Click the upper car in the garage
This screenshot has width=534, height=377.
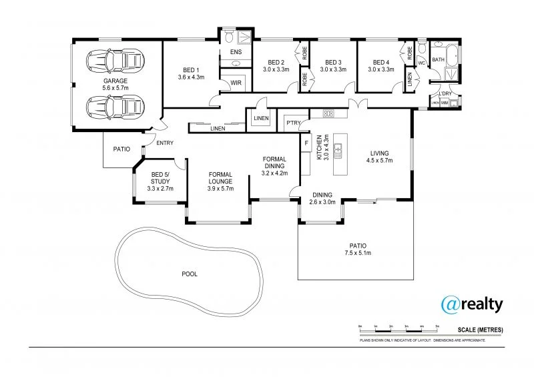pos(115,61)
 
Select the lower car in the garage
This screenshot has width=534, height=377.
pos(115,105)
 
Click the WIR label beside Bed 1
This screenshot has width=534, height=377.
pos(235,83)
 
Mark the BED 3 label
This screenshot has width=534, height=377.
pos(332,62)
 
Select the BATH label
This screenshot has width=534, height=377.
pos(438,60)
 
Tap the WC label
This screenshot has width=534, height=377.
pos(421,63)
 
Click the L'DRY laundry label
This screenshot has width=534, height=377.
pos(445,93)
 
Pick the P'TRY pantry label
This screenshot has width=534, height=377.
pos(292,123)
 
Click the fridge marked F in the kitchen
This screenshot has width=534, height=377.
pos(306,142)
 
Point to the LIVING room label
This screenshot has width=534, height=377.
pos(378,153)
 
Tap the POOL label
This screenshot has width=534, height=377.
pos(190,274)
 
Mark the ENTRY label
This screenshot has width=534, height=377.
pos(164,142)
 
